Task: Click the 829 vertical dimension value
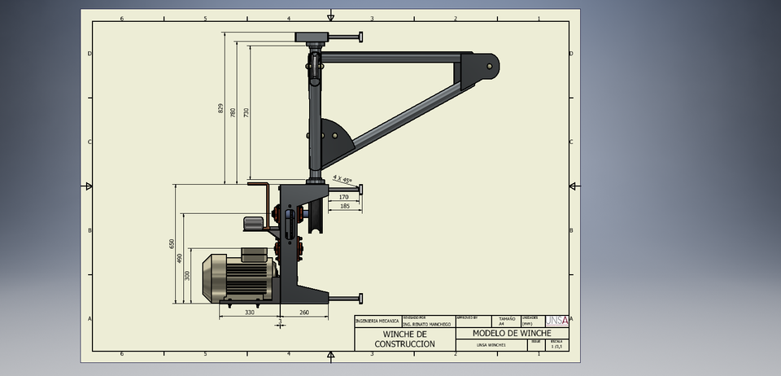click(220, 107)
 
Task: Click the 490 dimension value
click(180, 258)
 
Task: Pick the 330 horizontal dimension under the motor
click(250, 312)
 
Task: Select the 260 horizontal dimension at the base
click(304, 312)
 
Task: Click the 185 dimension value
click(344, 207)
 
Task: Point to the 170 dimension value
click(343, 197)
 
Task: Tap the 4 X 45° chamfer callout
click(343, 179)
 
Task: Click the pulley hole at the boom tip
click(489, 65)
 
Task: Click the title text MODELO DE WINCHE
click(512, 334)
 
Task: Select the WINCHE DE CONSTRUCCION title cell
click(404, 339)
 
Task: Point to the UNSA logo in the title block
click(556, 320)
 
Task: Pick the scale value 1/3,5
click(556, 346)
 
